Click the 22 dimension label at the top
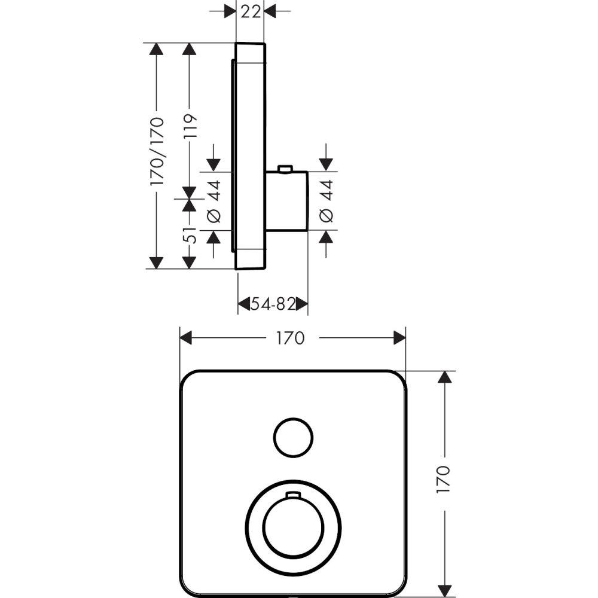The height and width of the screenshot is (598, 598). click(x=251, y=11)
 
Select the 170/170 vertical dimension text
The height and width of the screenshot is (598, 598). click(x=157, y=152)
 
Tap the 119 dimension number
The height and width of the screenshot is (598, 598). click(x=190, y=127)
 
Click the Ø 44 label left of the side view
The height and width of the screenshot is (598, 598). click(x=214, y=201)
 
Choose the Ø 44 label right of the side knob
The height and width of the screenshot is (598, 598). click(x=326, y=201)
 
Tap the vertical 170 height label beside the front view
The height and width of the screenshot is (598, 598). click(x=444, y=480)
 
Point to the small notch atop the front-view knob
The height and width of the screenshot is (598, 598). click(x=293, y=495)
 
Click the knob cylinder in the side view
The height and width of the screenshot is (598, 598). click(x=286, y=201)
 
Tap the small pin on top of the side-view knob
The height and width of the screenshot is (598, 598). click(x=285, y=169)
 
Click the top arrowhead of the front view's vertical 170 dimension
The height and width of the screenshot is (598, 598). click(x=444, y=377)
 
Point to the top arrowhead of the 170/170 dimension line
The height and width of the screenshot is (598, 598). click(x=157, y=49)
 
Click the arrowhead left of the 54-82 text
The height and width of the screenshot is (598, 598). click(x=243, y=305)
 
